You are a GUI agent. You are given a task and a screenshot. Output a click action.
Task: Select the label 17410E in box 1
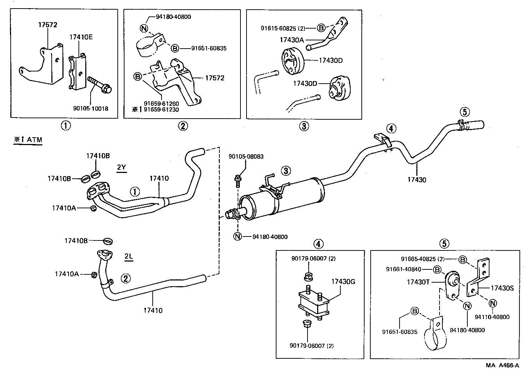[x=81, y=37]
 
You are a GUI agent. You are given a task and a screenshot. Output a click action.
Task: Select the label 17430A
[x=291, y=40]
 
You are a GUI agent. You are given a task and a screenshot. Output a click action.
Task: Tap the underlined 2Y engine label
[x=122, y=167]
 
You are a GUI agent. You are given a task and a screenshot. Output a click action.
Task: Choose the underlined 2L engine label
[x=128, y=256]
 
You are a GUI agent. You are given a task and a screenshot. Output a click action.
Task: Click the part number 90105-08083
[x=246, y=156]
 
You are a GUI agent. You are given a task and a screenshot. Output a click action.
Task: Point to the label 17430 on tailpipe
[x=417, y=180]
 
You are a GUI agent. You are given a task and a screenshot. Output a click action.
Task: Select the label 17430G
[x=343, y=282]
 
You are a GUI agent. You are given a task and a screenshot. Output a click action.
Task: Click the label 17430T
[x=418, y=282]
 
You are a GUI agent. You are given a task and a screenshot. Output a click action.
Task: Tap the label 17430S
[x=502, y=288]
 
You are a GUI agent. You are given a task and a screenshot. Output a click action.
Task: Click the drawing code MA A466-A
[x=502, y=365]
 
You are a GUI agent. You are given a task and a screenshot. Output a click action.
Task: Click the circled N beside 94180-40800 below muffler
[x=238, y=237]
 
